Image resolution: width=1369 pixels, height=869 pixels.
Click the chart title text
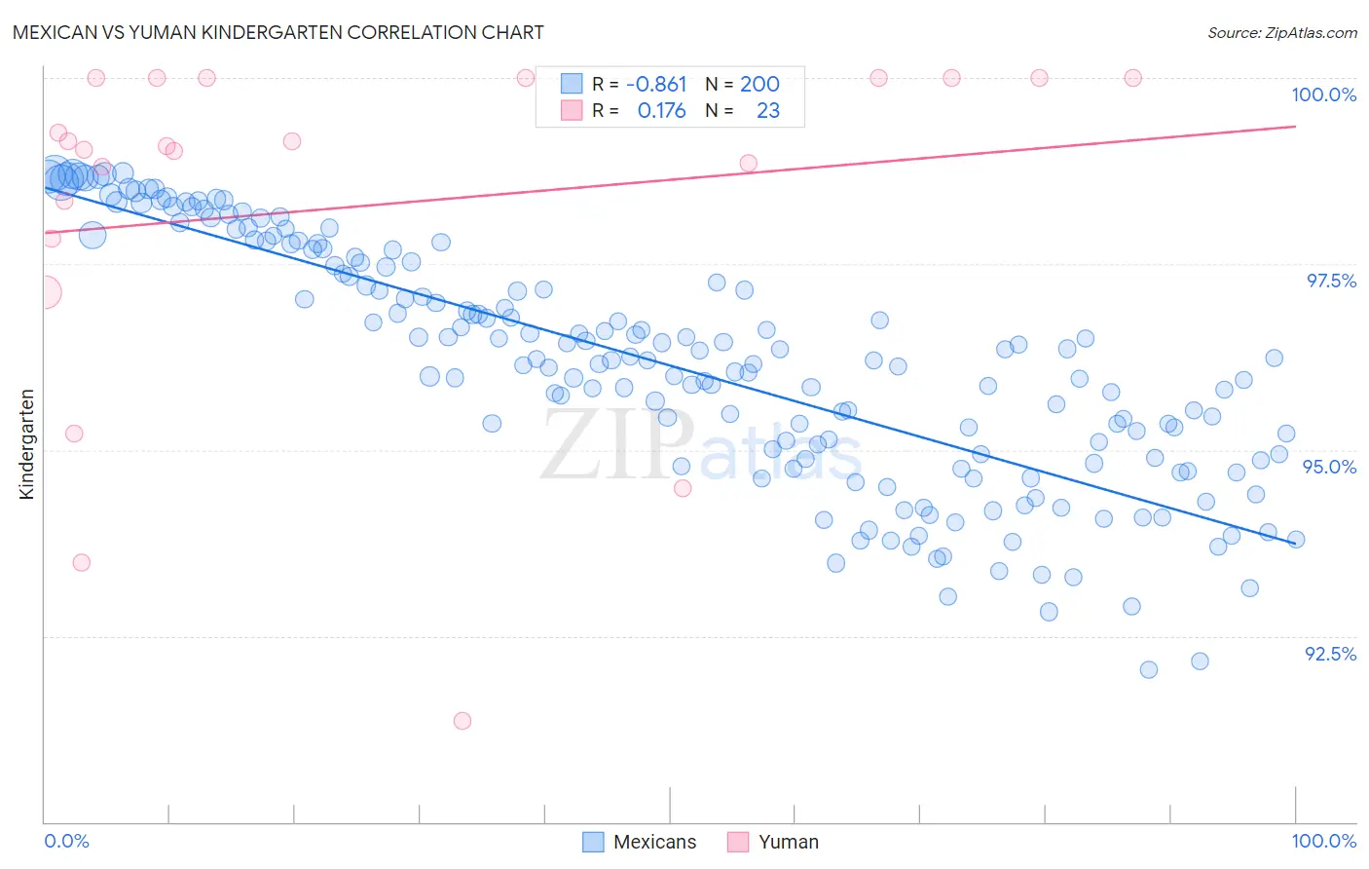[x=278, y=32]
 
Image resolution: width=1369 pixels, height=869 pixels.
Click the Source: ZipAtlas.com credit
[x=1281, y=32]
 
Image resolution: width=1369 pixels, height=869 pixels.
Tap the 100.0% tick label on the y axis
[x=1323, y=94]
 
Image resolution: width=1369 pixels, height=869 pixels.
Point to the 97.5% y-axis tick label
[x=1330, y=281]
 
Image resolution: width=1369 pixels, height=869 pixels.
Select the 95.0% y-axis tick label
[x=1329, y=467]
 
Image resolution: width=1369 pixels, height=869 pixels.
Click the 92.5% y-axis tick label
[x=1330, y=654]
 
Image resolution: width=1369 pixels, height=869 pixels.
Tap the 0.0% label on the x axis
[x=67, y=841]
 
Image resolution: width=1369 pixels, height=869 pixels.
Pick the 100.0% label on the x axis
[x=1323, y=841]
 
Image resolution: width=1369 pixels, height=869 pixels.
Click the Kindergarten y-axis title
[x=27, y=444]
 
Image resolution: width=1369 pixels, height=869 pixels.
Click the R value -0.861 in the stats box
[x=655, y=84]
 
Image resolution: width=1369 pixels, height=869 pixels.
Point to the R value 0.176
[x=661, y=111]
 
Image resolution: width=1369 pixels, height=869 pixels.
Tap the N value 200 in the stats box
[x=759, y=84]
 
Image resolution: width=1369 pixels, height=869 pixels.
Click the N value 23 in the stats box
[x=767, y=111]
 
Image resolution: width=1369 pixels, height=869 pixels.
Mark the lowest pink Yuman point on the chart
[x=462, y=721]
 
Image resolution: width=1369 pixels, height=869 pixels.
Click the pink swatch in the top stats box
[x=572, y=111]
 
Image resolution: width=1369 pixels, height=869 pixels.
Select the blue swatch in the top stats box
[x=572, y=84]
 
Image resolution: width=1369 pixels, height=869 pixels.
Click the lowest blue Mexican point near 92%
[x=1149, y=669]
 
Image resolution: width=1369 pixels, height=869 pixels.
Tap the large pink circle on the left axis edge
[x=44, y=291]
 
